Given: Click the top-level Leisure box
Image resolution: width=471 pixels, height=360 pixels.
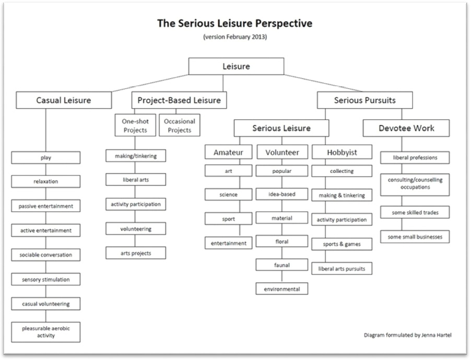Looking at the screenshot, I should [236, 66].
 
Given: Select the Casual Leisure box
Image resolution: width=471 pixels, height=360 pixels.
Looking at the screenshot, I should [64, 100].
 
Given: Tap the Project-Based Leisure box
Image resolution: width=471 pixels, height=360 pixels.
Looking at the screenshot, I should [179, 100].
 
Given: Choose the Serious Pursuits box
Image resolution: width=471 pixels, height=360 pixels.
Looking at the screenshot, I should [364, 100].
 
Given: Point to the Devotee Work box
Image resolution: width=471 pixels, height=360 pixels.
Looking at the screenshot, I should [406, 128].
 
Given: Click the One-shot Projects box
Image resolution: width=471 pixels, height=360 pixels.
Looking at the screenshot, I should [135, 125].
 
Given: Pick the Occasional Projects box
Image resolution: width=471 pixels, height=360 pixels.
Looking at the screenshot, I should [179, 125].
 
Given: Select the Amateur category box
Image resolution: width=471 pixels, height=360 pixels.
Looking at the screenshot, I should [229, 152].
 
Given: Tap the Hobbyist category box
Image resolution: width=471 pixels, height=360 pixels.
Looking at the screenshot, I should [342, 152].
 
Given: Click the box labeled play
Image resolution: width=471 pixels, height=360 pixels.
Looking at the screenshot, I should [46, 157].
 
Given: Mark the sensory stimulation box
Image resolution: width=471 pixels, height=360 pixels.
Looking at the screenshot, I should [46, 280].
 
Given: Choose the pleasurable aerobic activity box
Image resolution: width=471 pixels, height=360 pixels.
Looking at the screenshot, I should [46, 332].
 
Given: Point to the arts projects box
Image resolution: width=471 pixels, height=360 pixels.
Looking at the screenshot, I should [135, 253].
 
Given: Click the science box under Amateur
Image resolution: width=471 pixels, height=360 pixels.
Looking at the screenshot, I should [229, 194].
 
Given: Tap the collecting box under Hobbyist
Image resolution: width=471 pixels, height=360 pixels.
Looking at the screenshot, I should [342, 171].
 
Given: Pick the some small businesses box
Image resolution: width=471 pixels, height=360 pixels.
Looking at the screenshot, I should [415, 237].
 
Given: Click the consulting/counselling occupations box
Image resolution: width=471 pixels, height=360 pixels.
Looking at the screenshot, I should [415, 184].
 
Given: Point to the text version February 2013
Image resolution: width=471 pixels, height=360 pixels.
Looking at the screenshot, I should [236, 37].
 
